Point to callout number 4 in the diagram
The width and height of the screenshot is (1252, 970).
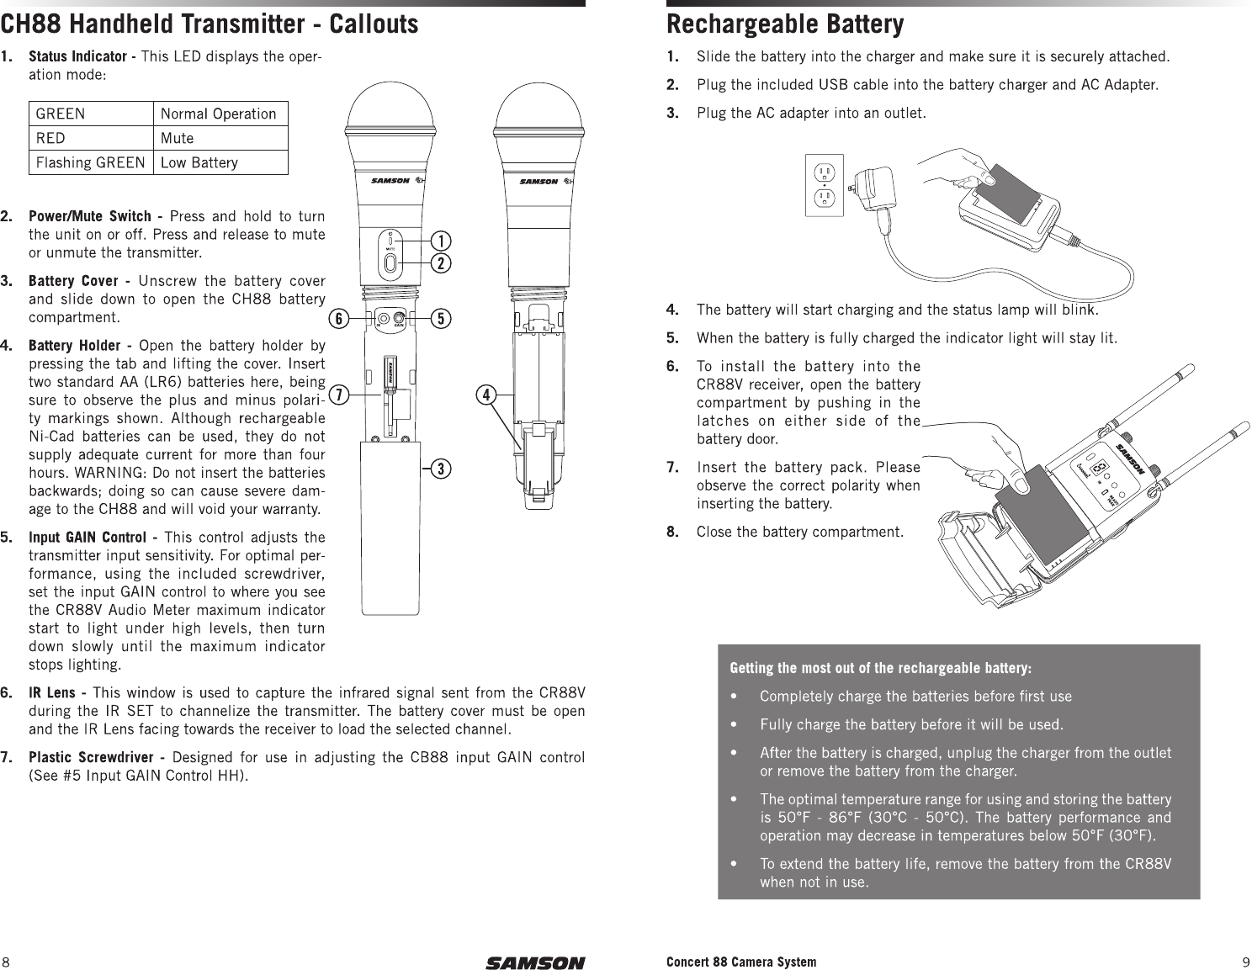point(486,393)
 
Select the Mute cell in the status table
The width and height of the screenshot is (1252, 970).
point(177,138)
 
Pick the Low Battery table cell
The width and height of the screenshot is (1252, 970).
point(199,162)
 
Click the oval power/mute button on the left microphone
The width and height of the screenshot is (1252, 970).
point(390,264)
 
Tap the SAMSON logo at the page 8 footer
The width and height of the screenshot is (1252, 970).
point(534,962)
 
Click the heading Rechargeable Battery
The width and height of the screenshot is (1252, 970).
point(785,25)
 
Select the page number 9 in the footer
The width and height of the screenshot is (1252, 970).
point(1245,962)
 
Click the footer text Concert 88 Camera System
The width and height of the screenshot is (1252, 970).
point(740,962)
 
